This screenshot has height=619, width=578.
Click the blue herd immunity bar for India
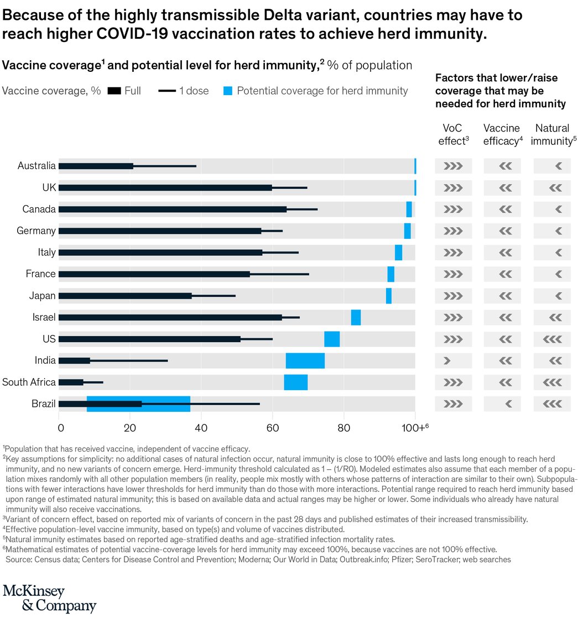(305, 360)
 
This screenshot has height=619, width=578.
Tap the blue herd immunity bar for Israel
(356, 317)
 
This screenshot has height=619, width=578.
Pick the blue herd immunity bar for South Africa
(295, 382)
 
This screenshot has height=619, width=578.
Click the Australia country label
(37, 166)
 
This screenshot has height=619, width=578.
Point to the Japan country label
(43, 296)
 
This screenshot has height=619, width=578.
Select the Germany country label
(36, 230)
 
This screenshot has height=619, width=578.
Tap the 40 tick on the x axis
(201, 427)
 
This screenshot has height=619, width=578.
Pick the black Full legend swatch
(114, 91)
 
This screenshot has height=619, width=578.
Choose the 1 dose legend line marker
(166, 91)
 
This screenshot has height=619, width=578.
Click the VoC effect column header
(453, 134)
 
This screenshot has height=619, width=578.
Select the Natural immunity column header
(551, 134)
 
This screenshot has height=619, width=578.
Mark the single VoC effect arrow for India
(447, 360)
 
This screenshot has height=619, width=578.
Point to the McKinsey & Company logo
(49, 597)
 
